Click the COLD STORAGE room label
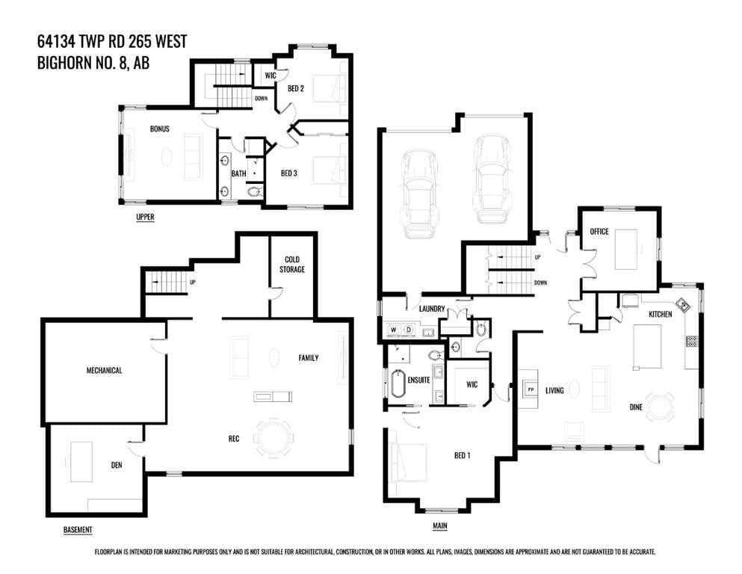tap(292, 264)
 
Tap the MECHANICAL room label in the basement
tap(104, 370)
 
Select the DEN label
tap(117, 465)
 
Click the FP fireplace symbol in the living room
tap(531, 389)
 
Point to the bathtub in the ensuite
tap(398, 383)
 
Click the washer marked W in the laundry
tap(393, 330)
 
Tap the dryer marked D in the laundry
tap(409, 330)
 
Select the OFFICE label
tap(599, 232)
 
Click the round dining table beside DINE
tap(660, 407)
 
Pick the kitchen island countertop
tap(647, 346)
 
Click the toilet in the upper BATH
tap(255, 191)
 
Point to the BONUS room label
tap(159, 129)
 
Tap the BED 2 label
tap(296, 88)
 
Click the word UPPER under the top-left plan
tap(145, 217)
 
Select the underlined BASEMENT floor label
tap(78, 529)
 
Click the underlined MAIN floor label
tap(439, 525)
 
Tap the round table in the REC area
tap(273, 436)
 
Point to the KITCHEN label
tap(660, 314)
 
